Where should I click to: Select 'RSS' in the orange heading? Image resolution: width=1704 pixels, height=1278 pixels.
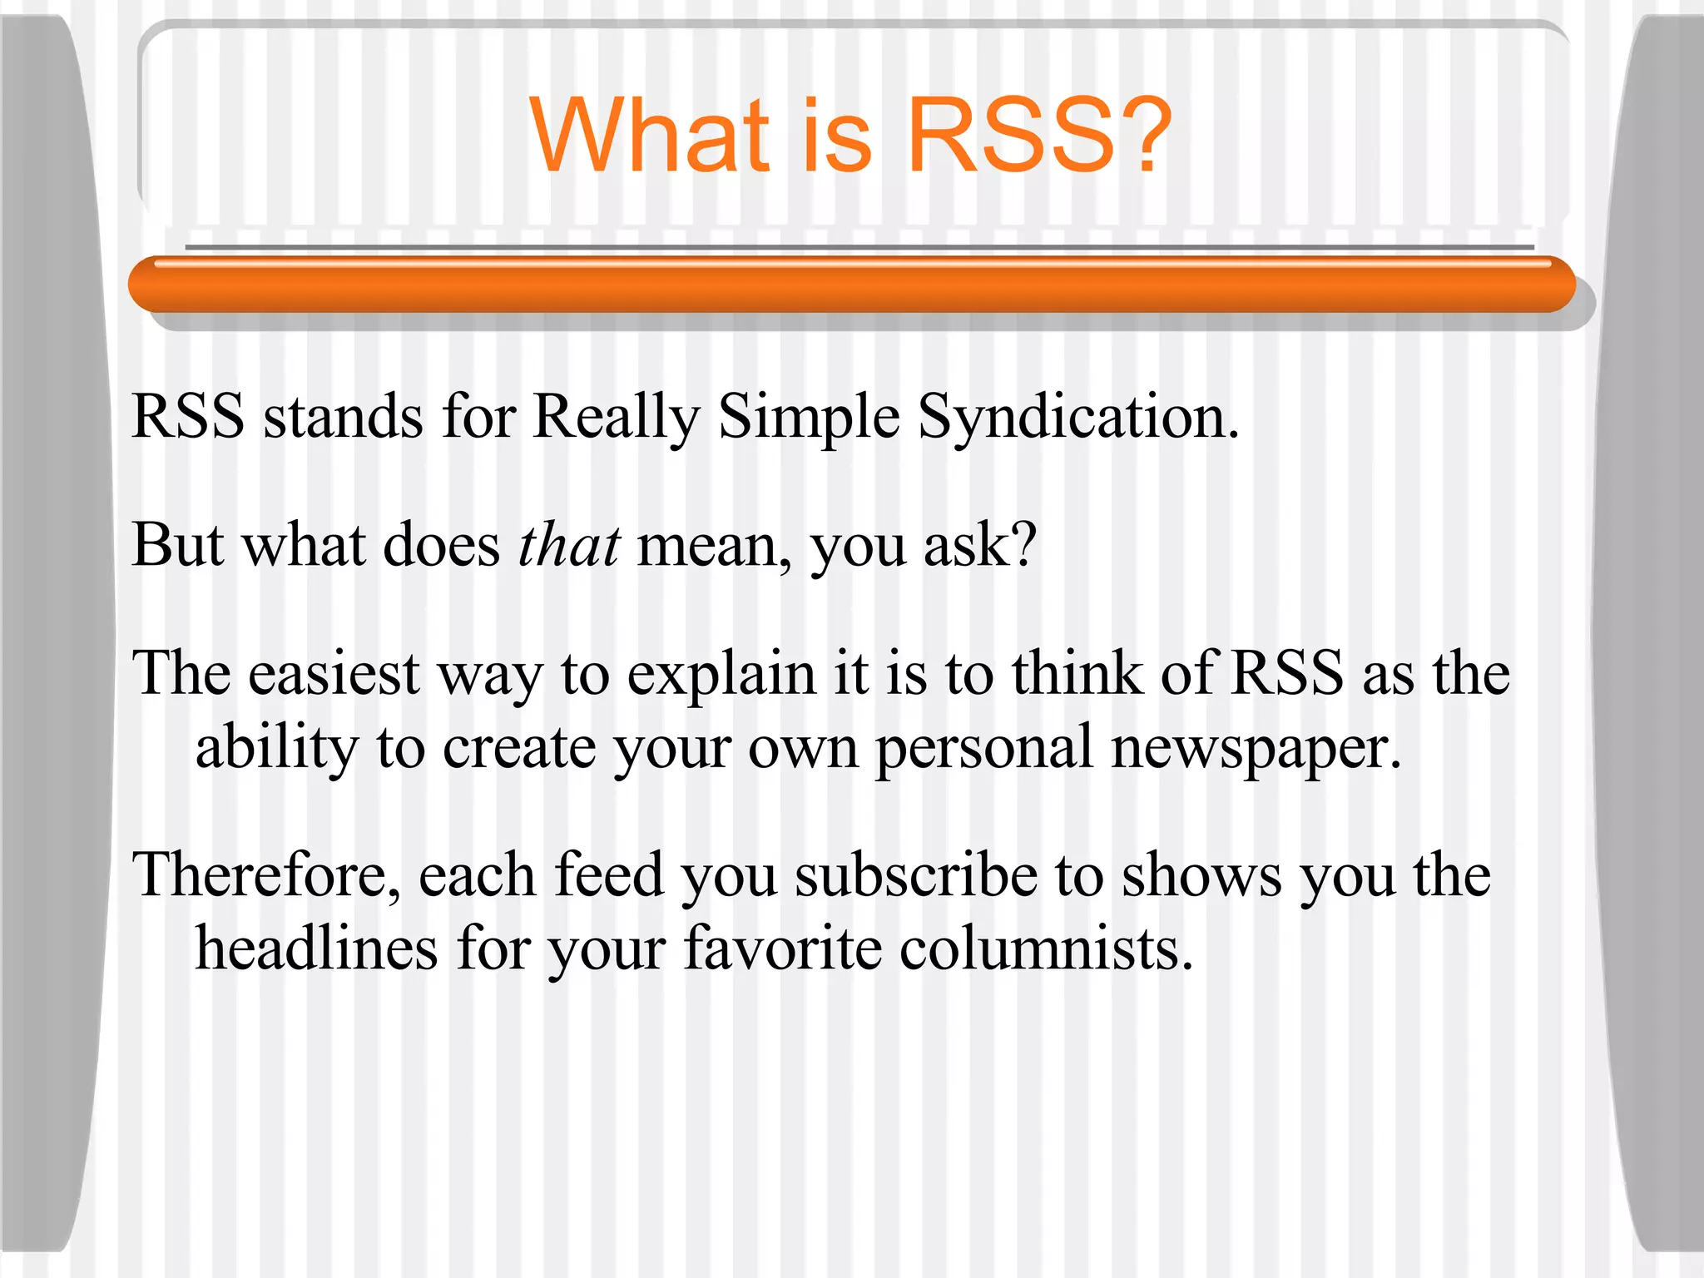(1010, 135)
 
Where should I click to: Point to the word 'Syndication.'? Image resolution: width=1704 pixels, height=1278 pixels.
(1078, 417)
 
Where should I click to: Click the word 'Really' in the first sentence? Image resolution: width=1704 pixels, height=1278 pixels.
(616, 417)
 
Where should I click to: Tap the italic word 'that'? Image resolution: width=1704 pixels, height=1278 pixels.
(569, 545)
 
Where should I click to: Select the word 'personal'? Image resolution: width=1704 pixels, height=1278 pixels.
(983, 748)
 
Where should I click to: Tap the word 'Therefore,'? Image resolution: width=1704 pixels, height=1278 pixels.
(265, 876)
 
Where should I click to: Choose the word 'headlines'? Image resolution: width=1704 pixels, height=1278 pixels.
(316, 949)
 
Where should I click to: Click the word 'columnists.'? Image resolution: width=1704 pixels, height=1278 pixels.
(1047, 949)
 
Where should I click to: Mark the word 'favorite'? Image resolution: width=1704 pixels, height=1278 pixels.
(782, 949)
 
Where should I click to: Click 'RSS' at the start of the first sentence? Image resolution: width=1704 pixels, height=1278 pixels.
(188, 417)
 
